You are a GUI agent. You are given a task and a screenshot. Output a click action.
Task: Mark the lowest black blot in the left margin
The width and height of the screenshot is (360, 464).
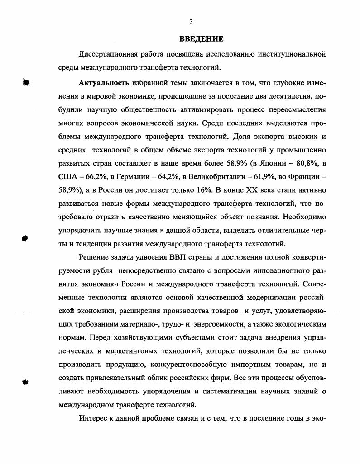[26, 381]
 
